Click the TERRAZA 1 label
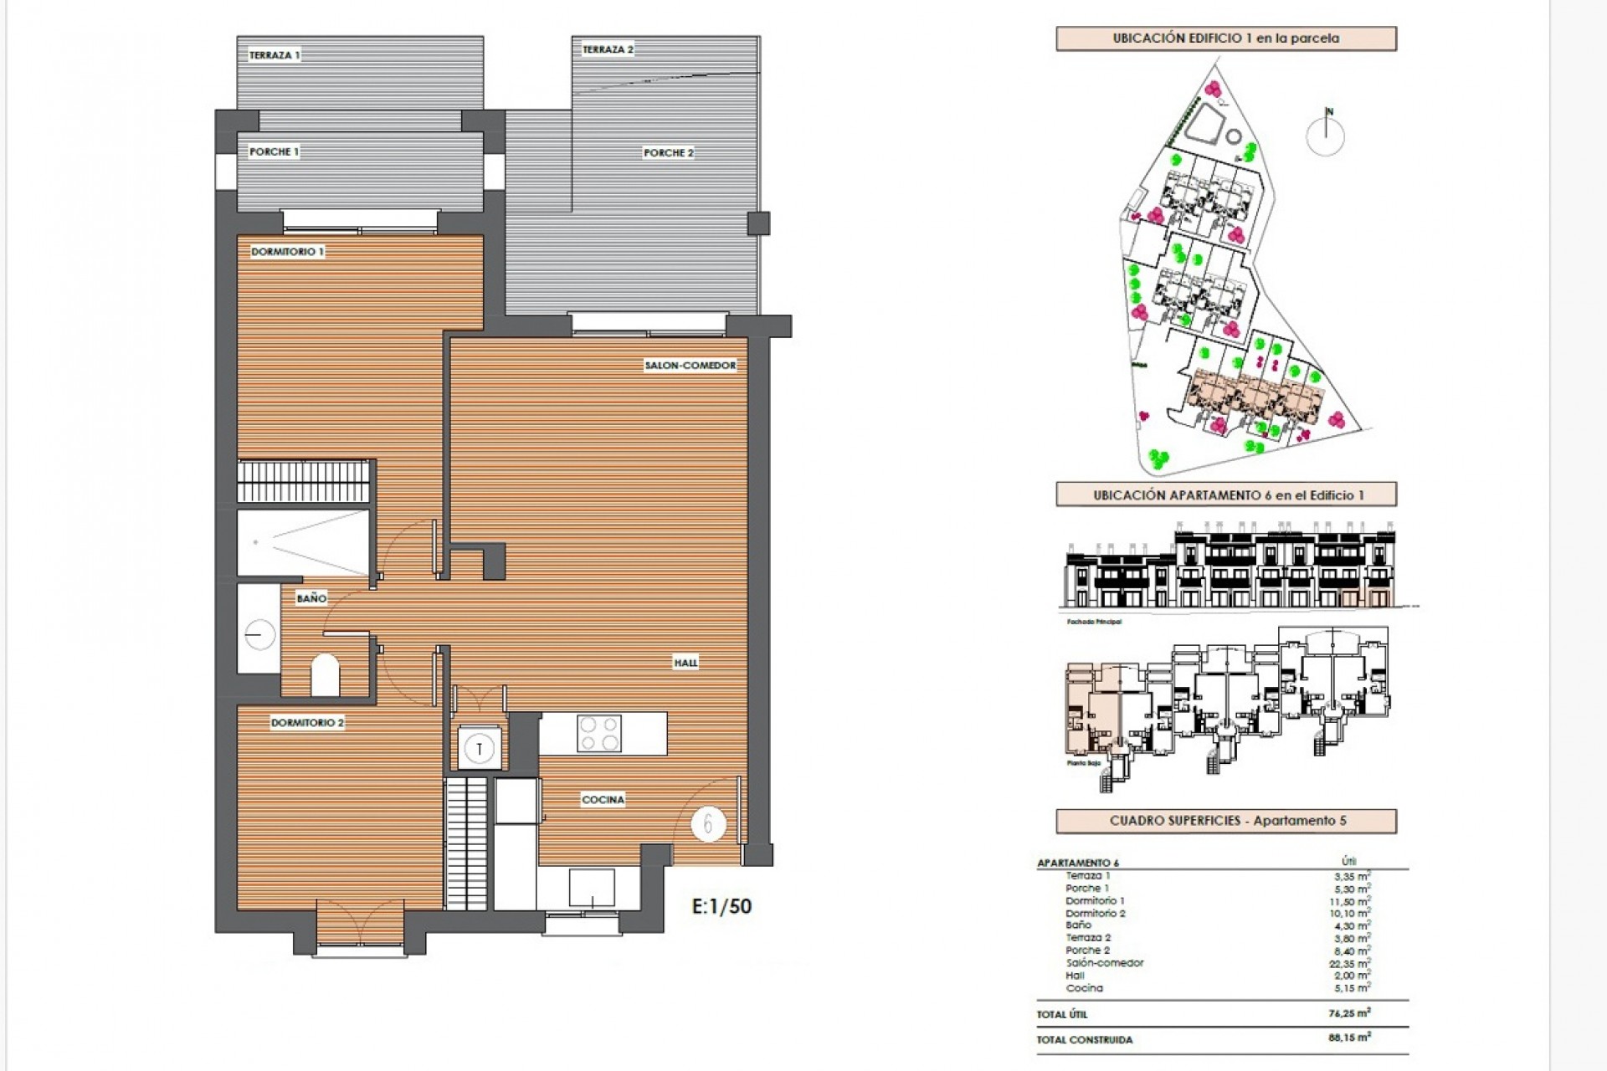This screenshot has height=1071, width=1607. click(x=275, y=55)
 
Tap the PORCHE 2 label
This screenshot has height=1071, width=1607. click(x=668, y=153)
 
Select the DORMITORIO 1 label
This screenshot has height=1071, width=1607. click(x=287, y=252)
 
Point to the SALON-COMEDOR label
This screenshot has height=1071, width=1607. click(x=691, y=366)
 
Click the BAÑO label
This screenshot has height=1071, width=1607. click(x=311, y=598)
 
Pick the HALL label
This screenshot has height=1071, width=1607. click(x=685, y=663)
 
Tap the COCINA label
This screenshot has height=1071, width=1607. click(x=603, y=800)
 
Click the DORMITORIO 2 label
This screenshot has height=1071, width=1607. click(x=307, y=723)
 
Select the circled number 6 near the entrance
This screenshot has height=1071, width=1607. click(x=708, y=825)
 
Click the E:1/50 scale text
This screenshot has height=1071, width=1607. click(x=721, y=906)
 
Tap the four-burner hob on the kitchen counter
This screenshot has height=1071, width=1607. click(x=599, y=734)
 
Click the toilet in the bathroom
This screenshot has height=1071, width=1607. click(x=325, y=674)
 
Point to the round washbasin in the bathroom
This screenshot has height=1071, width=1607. click(x=259, y=635)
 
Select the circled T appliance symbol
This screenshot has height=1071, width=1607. click(x=480, y=748)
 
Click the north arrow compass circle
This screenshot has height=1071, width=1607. click(x=1325, y=136)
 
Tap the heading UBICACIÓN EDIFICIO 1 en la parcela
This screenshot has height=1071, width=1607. click(x=1225, y=38)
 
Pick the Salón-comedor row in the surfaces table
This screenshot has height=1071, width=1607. click(x=1105, y=963)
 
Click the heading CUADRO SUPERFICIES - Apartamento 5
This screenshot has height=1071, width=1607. click(x=1225, y=821)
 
